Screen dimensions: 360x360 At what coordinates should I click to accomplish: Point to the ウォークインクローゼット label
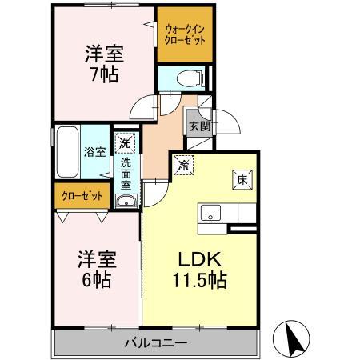185,34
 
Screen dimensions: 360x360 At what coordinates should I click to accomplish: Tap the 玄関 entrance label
198,126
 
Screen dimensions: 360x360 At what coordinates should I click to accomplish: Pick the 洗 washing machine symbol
125,144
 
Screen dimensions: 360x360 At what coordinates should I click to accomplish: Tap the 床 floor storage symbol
241,180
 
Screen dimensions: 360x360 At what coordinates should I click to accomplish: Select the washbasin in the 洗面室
126,202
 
